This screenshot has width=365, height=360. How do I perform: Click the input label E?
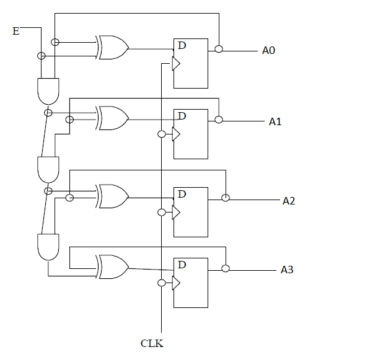point(16,30)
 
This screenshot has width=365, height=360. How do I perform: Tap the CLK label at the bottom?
point(152,343)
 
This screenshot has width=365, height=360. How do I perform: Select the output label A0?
point(268,50)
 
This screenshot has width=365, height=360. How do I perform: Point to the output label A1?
point(275,121)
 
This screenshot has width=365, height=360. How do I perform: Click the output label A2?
point(289,201)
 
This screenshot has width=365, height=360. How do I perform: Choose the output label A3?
point(287,270)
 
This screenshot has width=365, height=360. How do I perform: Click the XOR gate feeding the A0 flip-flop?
point(113,47)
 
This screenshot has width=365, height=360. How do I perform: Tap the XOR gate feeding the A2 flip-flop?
point(113,195)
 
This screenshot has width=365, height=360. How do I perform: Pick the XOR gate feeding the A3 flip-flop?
point(113,266)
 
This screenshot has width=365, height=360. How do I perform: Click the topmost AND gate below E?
point(48,91)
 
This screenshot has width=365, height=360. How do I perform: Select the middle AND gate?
point(48,169)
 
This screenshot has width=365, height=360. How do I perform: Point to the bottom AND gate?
point(48,247)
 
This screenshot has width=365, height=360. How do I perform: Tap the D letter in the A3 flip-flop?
point(182,265)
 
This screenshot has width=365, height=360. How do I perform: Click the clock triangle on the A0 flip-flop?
point(176,63)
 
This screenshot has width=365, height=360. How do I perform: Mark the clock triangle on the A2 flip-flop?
point(176,212)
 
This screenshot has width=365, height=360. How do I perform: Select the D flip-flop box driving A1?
point(191,133)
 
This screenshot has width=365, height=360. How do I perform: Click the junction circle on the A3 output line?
point(226,268)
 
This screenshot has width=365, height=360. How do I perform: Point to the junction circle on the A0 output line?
point(218,49)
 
